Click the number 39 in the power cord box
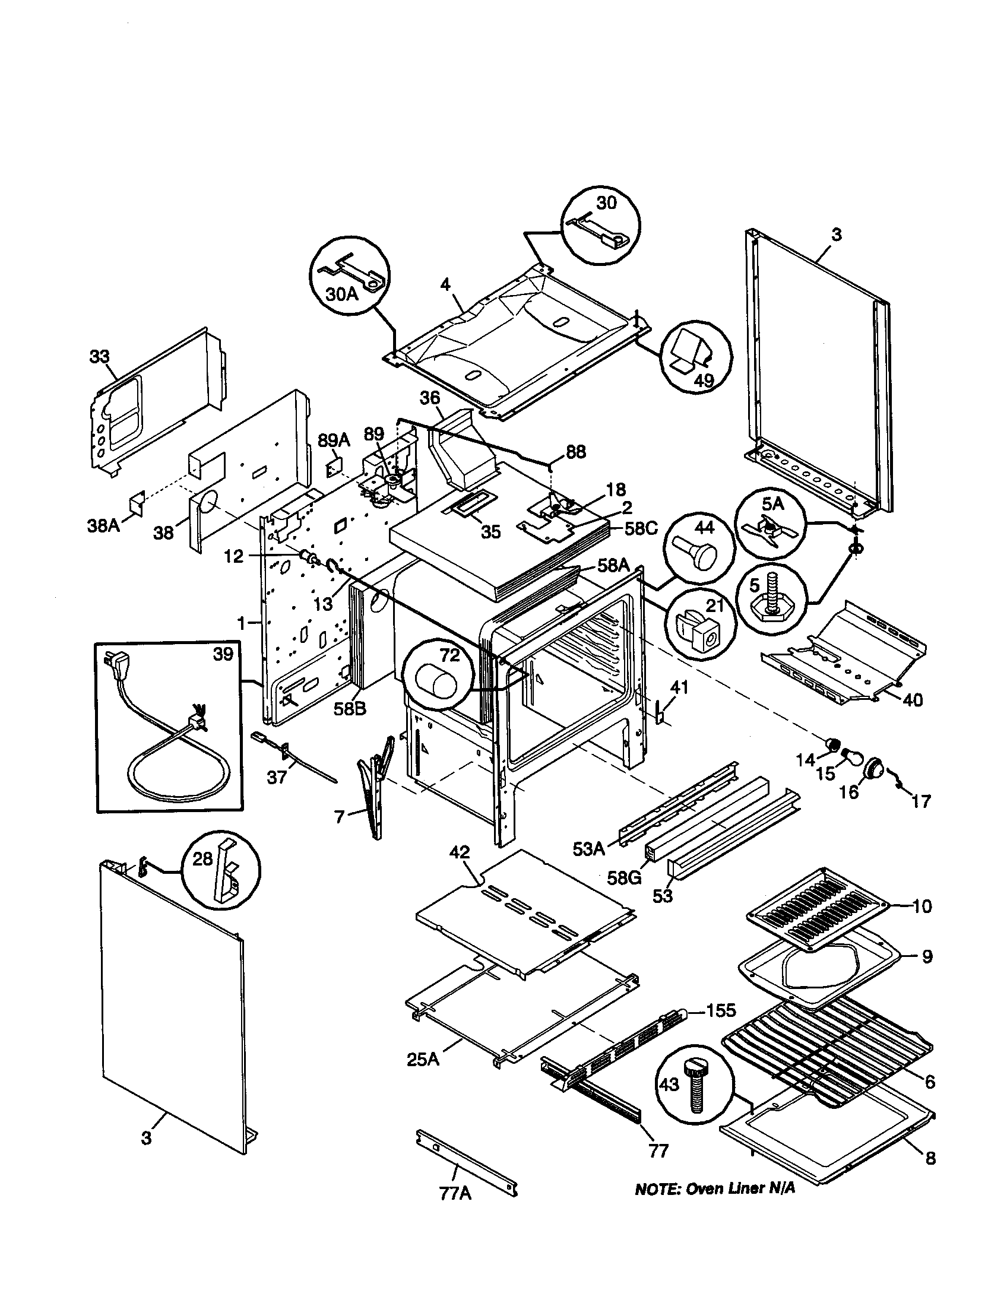[224, 654]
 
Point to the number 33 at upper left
[100, 356]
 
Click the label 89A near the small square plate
[334, 440]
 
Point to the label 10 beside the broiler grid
[922, 906]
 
